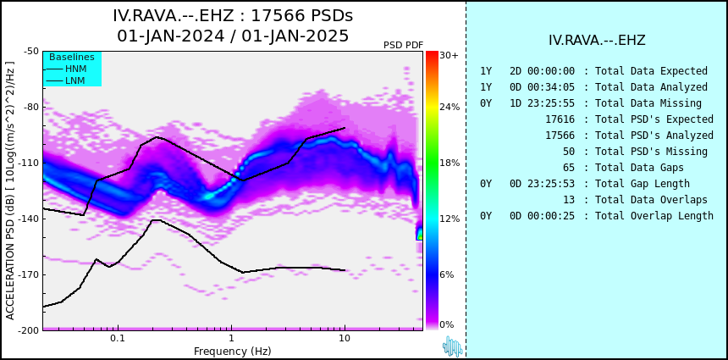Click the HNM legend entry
coord(66,69)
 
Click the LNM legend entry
coord(66,80)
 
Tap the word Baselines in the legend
coord(72,57)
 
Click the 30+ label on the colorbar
coord(449,55)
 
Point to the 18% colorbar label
coord(449,163)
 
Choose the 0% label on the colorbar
coord(447,324)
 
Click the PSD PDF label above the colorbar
coord(404,45)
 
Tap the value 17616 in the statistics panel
coord(560,119)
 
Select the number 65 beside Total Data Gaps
coord(568,168)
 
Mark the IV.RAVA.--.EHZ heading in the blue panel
coord(597,41)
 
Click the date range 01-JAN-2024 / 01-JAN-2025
coord(233,36)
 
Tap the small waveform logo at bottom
coord(452,346)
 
